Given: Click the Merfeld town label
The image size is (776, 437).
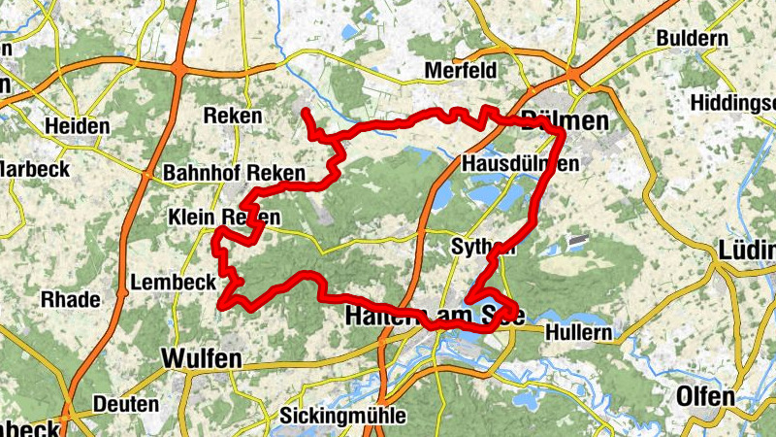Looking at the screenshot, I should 461,71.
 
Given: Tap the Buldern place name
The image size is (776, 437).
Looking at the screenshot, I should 692,38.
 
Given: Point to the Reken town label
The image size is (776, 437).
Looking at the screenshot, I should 233,116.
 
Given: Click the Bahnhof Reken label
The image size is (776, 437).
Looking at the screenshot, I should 234,173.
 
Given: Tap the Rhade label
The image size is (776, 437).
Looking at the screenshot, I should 70,300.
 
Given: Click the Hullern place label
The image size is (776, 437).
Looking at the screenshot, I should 579,332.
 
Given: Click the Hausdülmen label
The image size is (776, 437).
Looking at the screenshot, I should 521,164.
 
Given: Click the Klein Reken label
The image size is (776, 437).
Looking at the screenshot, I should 224,217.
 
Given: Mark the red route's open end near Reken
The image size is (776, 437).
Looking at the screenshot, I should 305,114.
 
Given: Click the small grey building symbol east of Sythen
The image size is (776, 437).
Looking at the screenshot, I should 577,238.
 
